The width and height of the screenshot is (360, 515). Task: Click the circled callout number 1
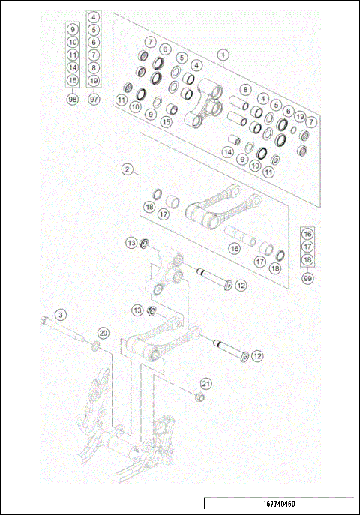(223, 55)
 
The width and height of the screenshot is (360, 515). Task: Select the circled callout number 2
(128, 170)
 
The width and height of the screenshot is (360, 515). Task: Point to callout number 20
(103, 333)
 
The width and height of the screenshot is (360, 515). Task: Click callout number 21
(206, 383)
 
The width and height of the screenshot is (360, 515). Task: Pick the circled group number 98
(73, 99)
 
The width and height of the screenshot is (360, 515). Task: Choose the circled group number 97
(94, 99)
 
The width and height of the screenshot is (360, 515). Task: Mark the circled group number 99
(307, 278)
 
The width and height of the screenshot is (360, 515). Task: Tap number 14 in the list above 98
(73, 67)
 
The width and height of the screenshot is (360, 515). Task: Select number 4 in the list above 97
(94, 16)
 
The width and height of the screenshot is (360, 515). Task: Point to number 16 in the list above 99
(307, 233)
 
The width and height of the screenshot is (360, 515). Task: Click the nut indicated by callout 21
(199, 397)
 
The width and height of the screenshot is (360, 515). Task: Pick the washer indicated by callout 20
(95, 346)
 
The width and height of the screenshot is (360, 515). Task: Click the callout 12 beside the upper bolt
(240, 285)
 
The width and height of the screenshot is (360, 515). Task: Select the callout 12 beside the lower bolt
(257, 355)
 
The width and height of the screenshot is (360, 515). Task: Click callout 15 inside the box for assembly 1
(167, 122)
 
